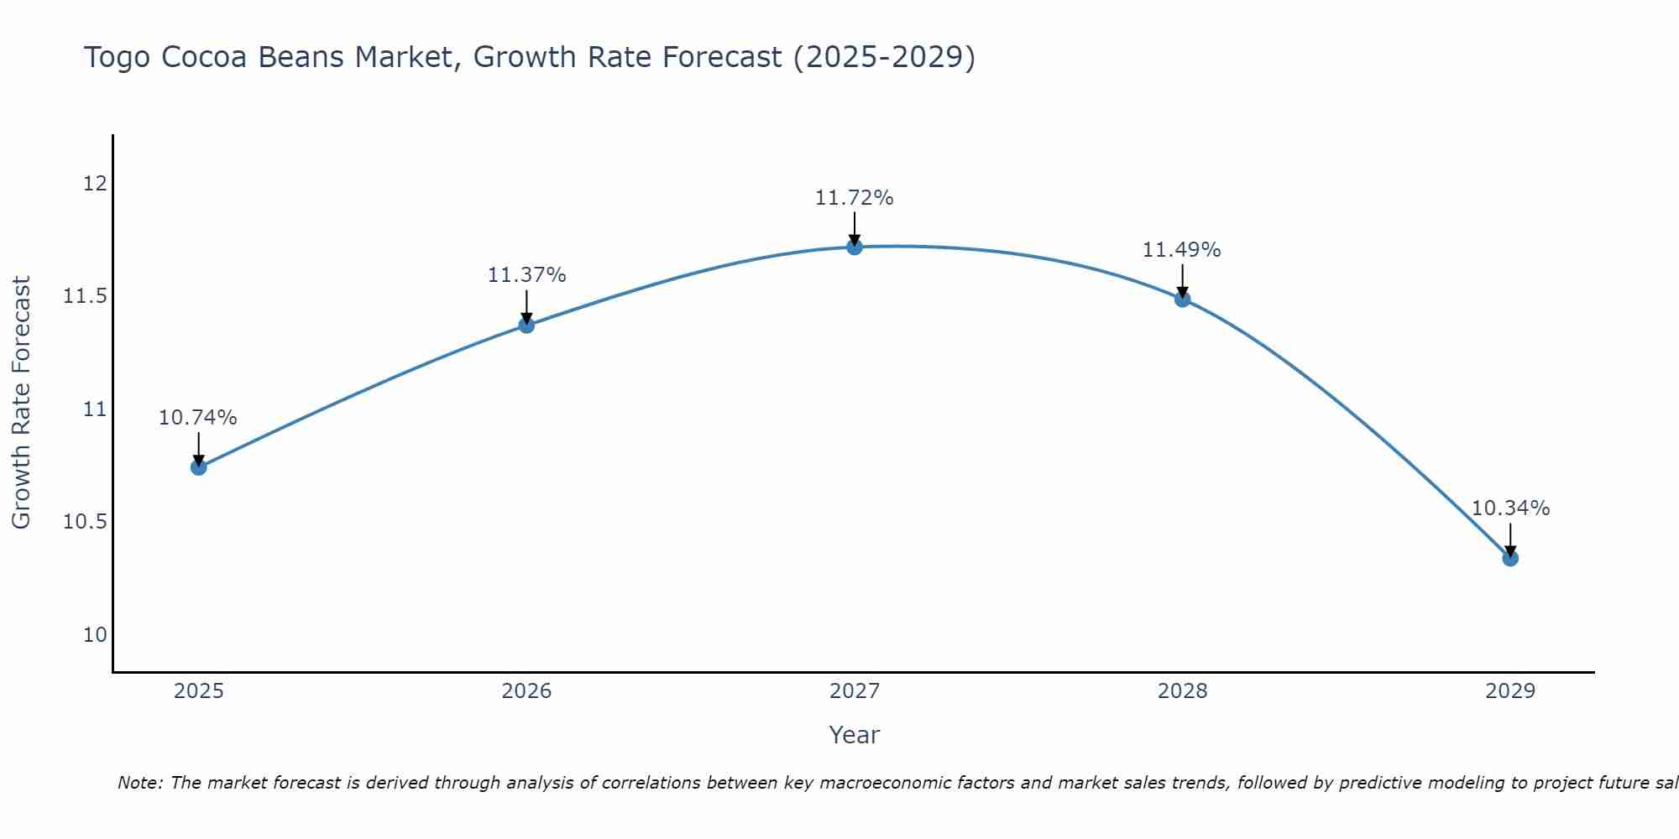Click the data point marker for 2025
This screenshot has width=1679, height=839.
(x=199, y=467)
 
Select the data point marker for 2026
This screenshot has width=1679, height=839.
(x=526, y=326)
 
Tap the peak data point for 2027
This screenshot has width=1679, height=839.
(x=855, y=247)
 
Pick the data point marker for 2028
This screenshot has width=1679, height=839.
(x=1182, y=299)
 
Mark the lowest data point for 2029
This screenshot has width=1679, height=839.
(x=1510, y=558)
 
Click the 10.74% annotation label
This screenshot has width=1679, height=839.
(x=198, y=418)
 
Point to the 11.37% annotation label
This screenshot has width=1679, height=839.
(x=526, y=275)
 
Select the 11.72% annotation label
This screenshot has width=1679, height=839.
(x=855, y=198)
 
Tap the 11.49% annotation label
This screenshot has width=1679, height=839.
(x=1182, y=250)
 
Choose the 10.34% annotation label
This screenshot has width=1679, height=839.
(x=1510, y=508)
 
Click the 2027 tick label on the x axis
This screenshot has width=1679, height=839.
(x=855, y=691)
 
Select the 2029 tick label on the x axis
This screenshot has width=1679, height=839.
(x=1510, y=691)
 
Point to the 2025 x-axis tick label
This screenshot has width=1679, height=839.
(x=199, y=691)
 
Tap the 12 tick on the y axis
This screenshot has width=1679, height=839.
(x=96, y=184)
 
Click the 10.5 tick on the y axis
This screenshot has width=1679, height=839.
(x=86, y=523)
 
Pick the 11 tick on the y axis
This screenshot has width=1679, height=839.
(x=96, y=409)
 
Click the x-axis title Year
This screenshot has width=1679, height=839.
(x=855, y=735)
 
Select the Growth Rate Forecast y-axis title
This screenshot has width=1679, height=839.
(x=21, y=403)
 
